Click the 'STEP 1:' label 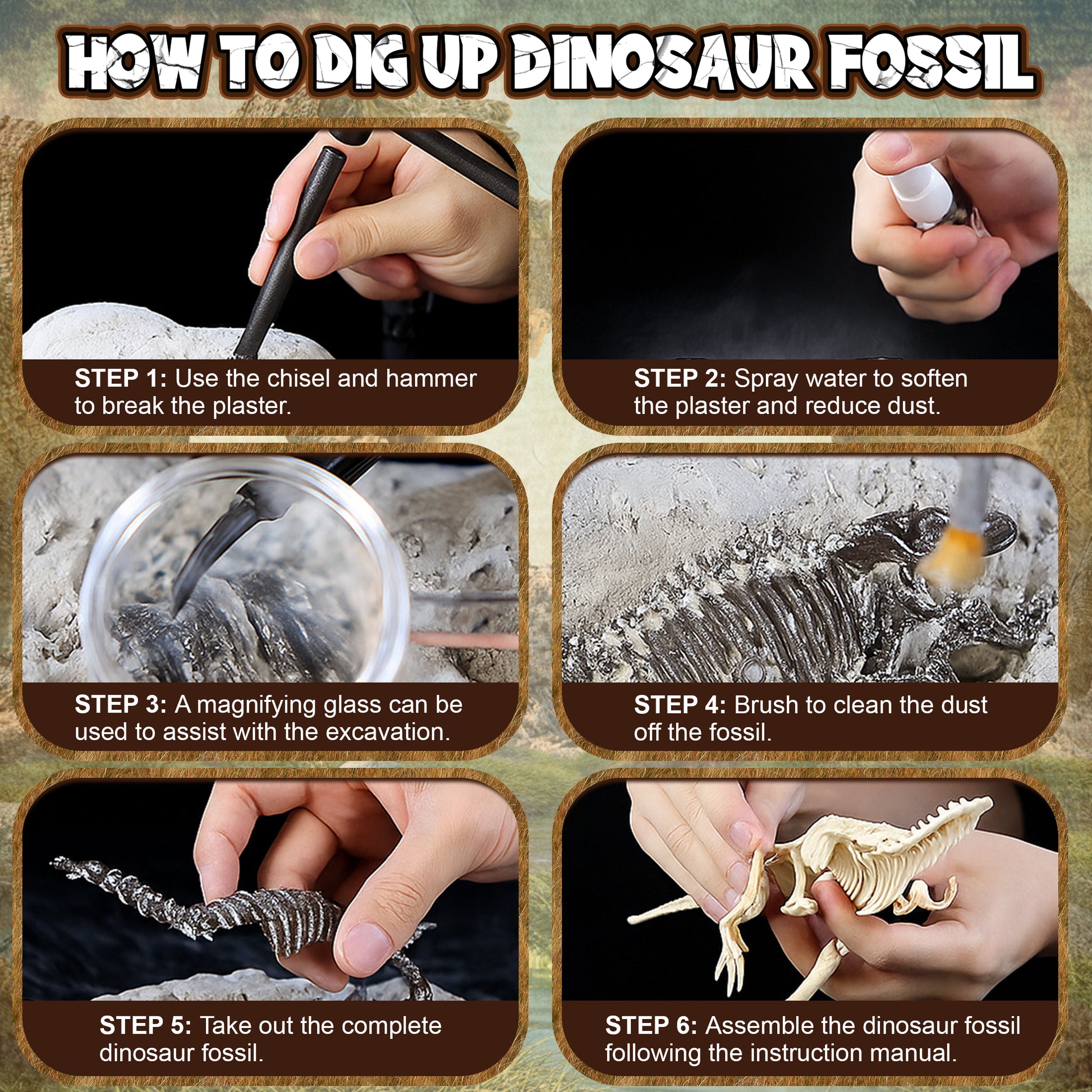tap(121, 379)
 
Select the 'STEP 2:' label tap(680, 379)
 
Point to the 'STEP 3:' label tap(121, 705)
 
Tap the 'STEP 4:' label tap(680, 705)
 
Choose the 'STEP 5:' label tap(145, 1025)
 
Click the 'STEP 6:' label tap(651, 1025)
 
